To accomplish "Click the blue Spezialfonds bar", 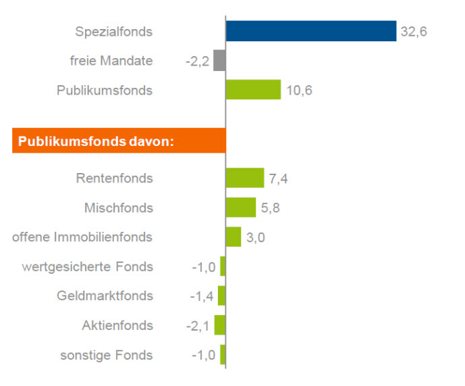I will tap(310, 31).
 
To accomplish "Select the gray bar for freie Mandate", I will tap(219, 61).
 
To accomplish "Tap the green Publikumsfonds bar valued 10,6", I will tap(253, 90).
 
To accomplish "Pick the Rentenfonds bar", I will tap(245, 178).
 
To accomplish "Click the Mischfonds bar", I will tap(241, 208).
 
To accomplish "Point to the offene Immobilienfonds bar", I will tap(234, 237).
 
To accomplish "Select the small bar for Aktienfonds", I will tap(220, 325).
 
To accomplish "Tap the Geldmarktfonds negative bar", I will tap(221, 295).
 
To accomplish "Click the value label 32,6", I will tap(414, 32).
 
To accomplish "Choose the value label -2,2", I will tap(198, 62).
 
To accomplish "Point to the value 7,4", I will tap(279, 179).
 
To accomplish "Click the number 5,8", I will tap(271, 208).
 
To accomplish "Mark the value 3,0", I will tap(256, 237).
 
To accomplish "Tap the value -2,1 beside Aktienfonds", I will tap(198, 326).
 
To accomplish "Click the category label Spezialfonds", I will tap(114, 32).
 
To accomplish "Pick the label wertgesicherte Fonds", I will tap(88, 266).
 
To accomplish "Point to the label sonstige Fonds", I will tap(107, 355).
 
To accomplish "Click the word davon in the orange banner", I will tap(152, 141).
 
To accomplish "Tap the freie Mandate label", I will tap(111, 61).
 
